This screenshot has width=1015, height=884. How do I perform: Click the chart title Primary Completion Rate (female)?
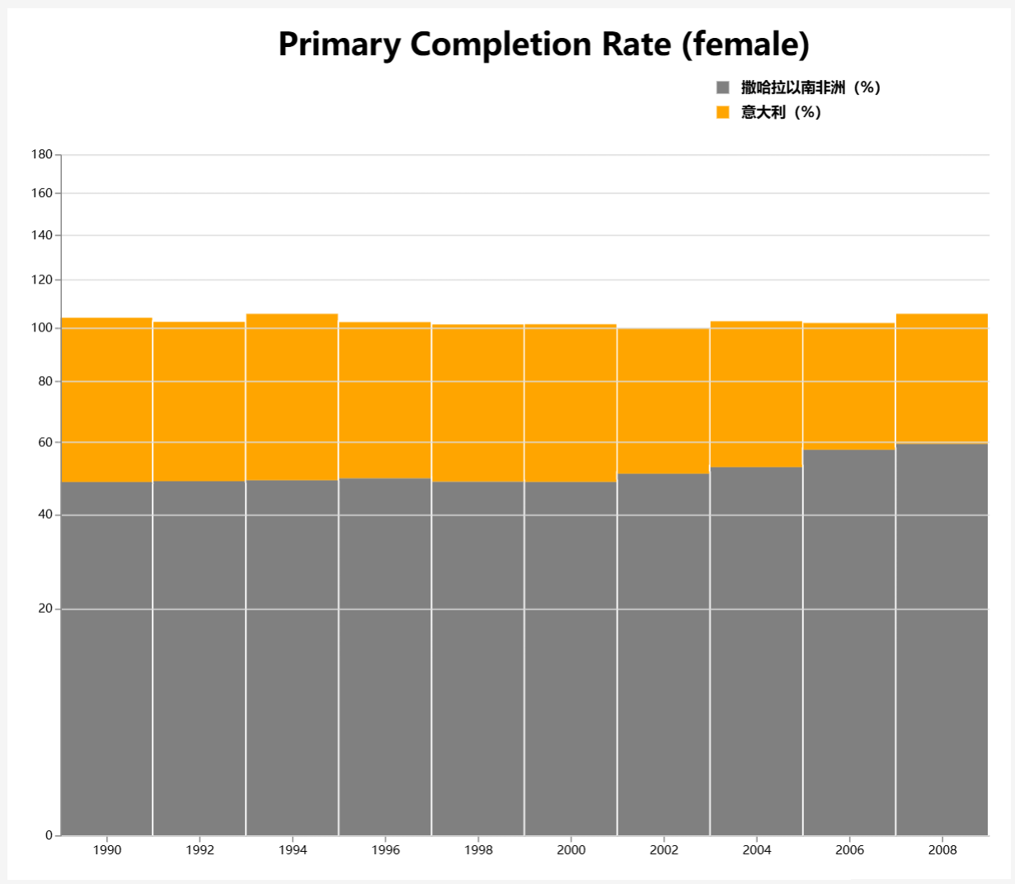point(543,45)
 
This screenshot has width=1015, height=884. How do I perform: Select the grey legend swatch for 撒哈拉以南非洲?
point(723,87)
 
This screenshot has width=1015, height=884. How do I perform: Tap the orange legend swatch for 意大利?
point(723,112)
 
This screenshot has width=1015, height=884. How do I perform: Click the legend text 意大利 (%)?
point(781,112)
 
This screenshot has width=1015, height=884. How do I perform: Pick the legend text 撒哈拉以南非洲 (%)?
point(811,87)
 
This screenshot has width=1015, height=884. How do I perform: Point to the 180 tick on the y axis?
point(42,154)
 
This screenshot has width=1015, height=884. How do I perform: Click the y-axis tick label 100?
point(42,328)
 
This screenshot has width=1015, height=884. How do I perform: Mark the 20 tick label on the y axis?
point(45,609)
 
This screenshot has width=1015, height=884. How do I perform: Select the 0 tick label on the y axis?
point(49,835)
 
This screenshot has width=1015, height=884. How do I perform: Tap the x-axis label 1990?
point(107,850)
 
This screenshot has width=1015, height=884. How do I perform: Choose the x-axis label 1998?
point(478,850)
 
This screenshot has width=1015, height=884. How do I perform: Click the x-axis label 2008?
point(942,850)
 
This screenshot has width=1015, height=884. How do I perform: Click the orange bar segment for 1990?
point(107,400)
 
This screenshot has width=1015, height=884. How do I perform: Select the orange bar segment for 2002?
point(664,401)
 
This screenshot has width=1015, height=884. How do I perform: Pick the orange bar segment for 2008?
point(942,379)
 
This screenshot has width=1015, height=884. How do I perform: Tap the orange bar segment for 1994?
point(293,397)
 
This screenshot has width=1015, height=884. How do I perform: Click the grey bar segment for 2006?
point(849,642)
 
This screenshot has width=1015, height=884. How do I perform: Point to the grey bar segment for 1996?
point(385,656)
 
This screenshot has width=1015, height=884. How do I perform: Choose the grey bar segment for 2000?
point(571,658)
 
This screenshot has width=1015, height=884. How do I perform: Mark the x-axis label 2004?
point(757,850)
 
